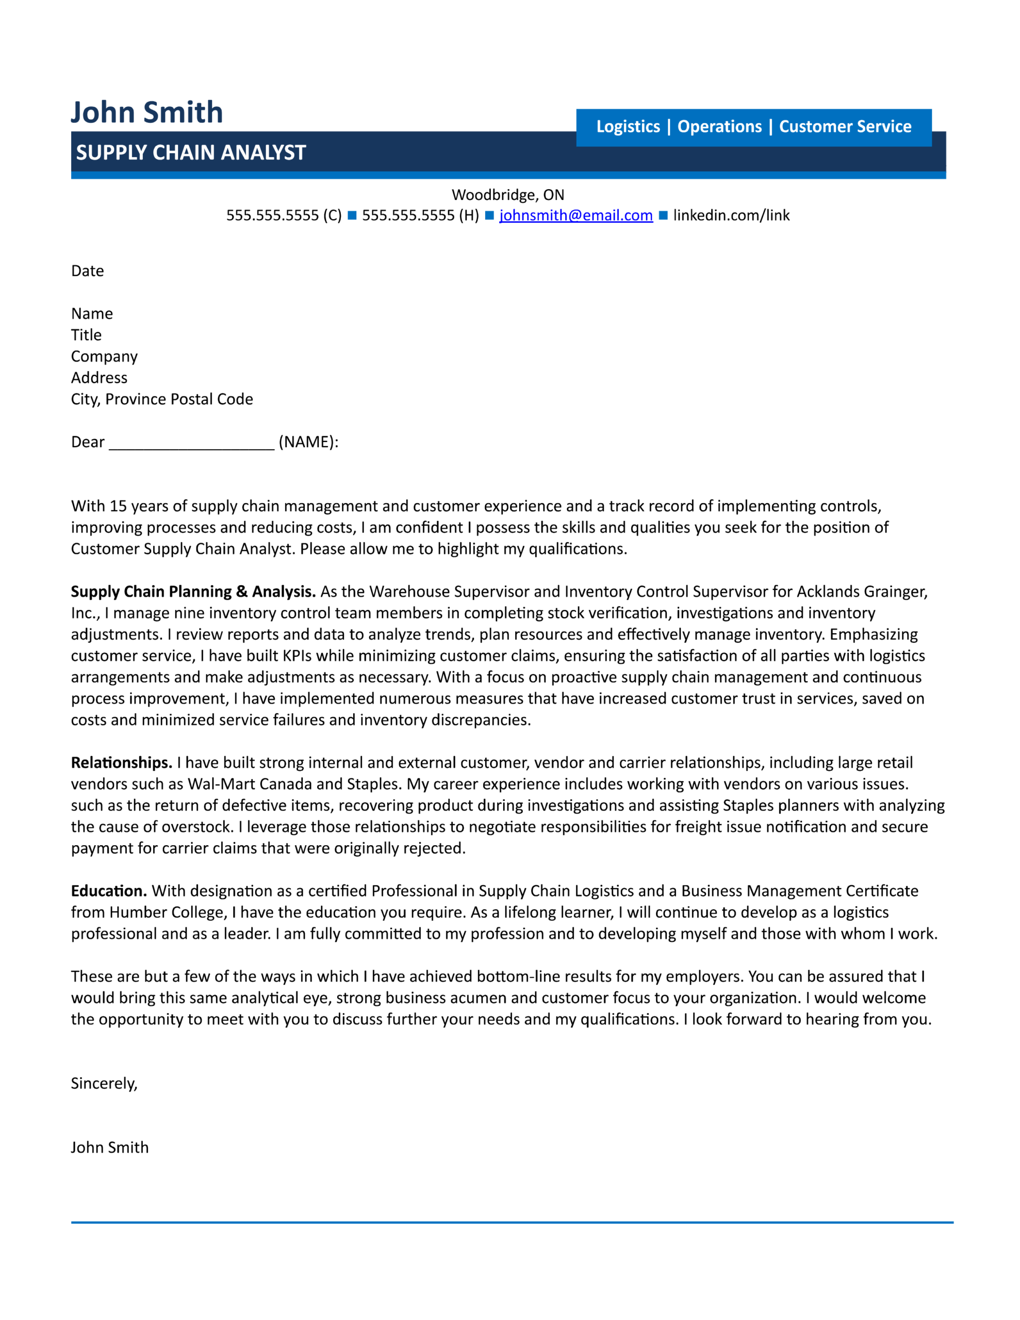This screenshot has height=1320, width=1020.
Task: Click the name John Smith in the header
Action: pyautogui.click(x=147, y=112)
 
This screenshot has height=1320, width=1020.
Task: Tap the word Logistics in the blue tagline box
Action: pyautogui.click(x=628, y=126)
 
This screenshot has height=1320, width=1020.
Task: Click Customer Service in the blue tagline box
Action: pyautogui.click(x=845, y=126)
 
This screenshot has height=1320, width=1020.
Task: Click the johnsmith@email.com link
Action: pyautogui.click(x=575, y=215)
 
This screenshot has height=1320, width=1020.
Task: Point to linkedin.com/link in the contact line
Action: pyautogui.click(x=731, y=215)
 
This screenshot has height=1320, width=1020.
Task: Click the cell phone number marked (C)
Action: pyautogui.click(x=284, y=215)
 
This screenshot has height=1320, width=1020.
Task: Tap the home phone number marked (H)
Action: pyautogui.click(x=420, y=215)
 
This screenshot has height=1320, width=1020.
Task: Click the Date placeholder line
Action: pyautogui.click(x=88, y=271)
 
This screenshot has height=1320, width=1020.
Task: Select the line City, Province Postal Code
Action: pyautogui.click(x=162, y=399)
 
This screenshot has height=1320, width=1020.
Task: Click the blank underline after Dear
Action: pyautogui.click(x=192, y=443)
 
